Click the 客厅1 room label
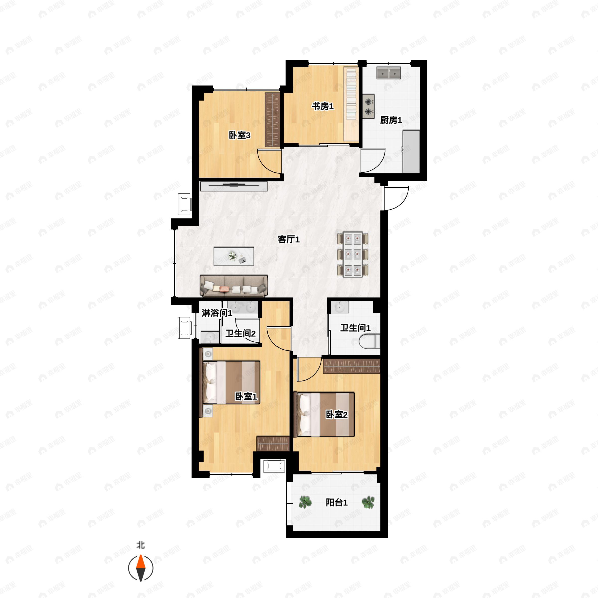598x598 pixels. [289, 239]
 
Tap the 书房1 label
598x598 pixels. [322, 106]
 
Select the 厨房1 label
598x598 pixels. [391, 120]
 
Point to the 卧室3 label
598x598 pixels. [239, 135]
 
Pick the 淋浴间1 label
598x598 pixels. [217, 313]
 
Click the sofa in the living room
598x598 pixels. [234, 286]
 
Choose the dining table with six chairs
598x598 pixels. [353, 254]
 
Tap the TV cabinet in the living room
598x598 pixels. [233, 186]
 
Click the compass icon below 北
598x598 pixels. [141, 568]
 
